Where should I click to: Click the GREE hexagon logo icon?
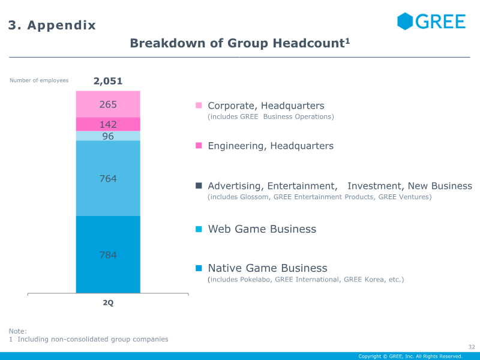coord(405,21)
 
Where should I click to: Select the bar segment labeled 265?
coord(108,104)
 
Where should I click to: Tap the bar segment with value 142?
coord(108,124)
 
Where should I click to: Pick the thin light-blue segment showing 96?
coord(108,136)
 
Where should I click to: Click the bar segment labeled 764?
coord(108,178)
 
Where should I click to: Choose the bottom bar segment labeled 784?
coord(108,255)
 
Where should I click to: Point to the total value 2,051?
coord(108,81)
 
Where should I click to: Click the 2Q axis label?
coord(108,303)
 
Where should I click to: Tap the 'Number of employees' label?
coord(39,80)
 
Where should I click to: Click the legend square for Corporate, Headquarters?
coord(199,106)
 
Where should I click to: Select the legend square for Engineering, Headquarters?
coord(199,146)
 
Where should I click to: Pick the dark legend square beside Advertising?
coord(199,186)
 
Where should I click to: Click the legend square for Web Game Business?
coord(199,229)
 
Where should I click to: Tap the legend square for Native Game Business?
coord(199,268)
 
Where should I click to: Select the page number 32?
coord(471,347)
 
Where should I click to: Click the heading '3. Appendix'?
coord(52,25)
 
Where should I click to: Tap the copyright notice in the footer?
coord(410,356)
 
